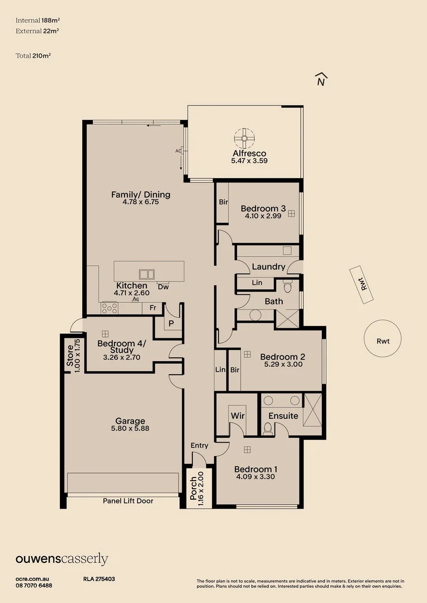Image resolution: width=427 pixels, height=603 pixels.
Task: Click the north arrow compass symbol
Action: click(320, 80)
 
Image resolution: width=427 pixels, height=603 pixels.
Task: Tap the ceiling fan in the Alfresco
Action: click(244, 137)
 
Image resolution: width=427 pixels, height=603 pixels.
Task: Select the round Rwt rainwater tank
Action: click(383, 339)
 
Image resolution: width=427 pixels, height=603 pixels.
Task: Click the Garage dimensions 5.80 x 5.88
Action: click(130, 429)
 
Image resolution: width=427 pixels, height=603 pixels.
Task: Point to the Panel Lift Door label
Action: click(128, 501)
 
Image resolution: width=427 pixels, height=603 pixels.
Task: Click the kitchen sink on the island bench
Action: click(148, 274)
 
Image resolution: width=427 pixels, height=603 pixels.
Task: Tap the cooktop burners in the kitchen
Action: click(109, 307)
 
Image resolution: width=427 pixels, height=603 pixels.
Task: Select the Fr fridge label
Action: click(153, 308)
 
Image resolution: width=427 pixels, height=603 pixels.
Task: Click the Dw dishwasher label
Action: click(163, 287)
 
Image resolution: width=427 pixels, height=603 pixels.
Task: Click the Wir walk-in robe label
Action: click(238, 416)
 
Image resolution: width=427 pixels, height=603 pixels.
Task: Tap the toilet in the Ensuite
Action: click(268, 428)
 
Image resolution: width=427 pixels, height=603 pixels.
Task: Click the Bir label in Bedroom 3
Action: click(223, 202)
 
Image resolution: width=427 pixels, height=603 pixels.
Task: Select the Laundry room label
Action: click(268, 267)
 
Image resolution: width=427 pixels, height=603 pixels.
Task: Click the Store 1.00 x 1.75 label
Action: click(74, 356)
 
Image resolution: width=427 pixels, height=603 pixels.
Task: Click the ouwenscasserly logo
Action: click(61, 559)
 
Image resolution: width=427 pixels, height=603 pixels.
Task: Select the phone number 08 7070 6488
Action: click(34, 585)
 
